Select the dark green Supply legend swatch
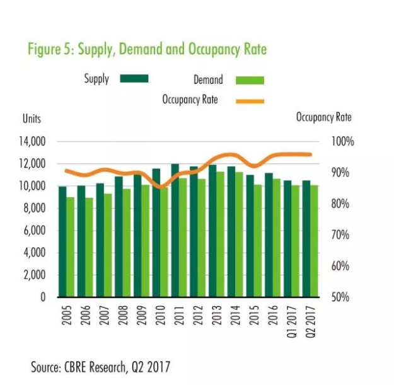134,79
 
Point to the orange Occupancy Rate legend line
251,100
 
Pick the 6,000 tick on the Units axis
35,231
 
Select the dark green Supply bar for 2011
175,230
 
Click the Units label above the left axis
32,118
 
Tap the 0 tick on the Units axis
43,297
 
